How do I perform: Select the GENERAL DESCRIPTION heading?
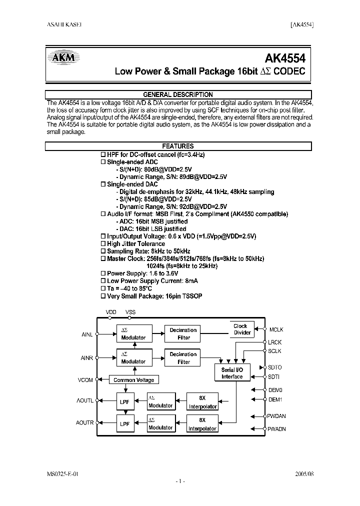click(x=178, y=94)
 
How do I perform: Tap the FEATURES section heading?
click(x=178, y=146)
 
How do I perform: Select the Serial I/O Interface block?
click(x=232, y=373)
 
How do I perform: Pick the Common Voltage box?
click(x=133, y=380)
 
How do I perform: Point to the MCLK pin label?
click(x=276, y=329)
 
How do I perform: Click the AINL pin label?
click(x=87, y=334)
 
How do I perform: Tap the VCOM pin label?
click(x=85, y=380)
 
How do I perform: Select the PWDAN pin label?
click(x=277, y=416)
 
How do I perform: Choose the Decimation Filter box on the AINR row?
click(x=183, y=357)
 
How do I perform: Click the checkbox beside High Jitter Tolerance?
click(x=103, y=243)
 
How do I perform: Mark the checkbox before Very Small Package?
click(x=103, y=296)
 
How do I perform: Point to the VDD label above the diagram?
click(x=111, y=312)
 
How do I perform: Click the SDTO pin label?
click(x=275, y=367)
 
